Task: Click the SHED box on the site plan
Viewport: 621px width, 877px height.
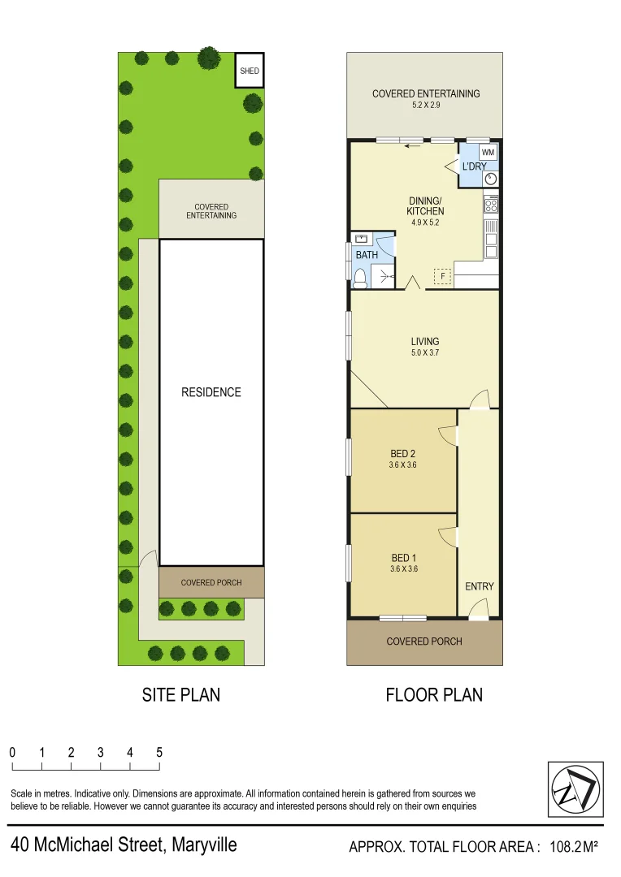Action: (x=250, y=71)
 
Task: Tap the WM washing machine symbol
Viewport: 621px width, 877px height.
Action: (x=488, y=153)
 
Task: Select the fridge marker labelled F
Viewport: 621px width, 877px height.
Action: (x=443, y=276)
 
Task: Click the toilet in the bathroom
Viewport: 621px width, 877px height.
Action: (x=360, y=279)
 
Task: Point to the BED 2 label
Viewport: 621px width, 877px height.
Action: (x=403, y=454)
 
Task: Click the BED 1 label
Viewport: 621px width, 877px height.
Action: (x=403, y=558)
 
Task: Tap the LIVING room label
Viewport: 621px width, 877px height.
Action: (x=424, y=342)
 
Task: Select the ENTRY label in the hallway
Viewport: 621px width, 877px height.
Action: (x=479, y=586)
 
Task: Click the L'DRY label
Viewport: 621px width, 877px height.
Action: (x=474, y=167)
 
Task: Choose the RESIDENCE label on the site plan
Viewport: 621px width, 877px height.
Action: (x=211, y=392)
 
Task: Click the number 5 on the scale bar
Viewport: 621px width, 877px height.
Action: (x=159, y=752)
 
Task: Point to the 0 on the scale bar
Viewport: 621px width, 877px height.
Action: (x=13, y=752)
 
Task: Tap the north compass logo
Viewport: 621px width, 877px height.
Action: (x=574, y=788)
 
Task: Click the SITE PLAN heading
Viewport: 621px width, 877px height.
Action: (x=180, y=695)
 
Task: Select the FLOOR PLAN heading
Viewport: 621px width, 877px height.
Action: (x=433, y=695)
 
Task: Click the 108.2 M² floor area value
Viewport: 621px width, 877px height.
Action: (x=573, y=847)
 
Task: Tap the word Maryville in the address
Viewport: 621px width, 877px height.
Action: (x=203, y=845)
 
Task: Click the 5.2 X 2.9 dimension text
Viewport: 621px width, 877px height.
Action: (x=426, y=106)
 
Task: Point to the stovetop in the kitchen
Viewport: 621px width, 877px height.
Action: (x=491, y=206)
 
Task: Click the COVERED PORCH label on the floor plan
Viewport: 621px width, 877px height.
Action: (x=423, y=642)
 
